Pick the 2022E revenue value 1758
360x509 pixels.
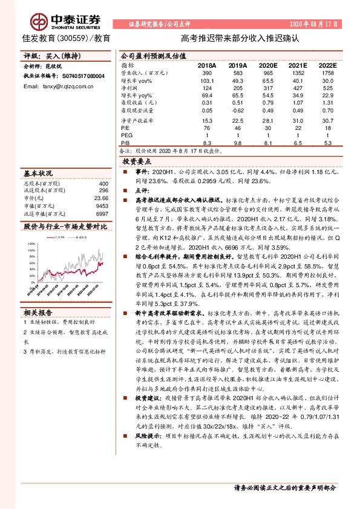(x=327, y=73)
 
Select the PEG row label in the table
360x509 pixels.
(x=127, y=136)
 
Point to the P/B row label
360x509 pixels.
(x=126, y=143)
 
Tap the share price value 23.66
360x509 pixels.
(x=101, y=198)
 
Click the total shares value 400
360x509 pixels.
(x=103, y=183)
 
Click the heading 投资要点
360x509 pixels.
(x=137, y=163)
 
